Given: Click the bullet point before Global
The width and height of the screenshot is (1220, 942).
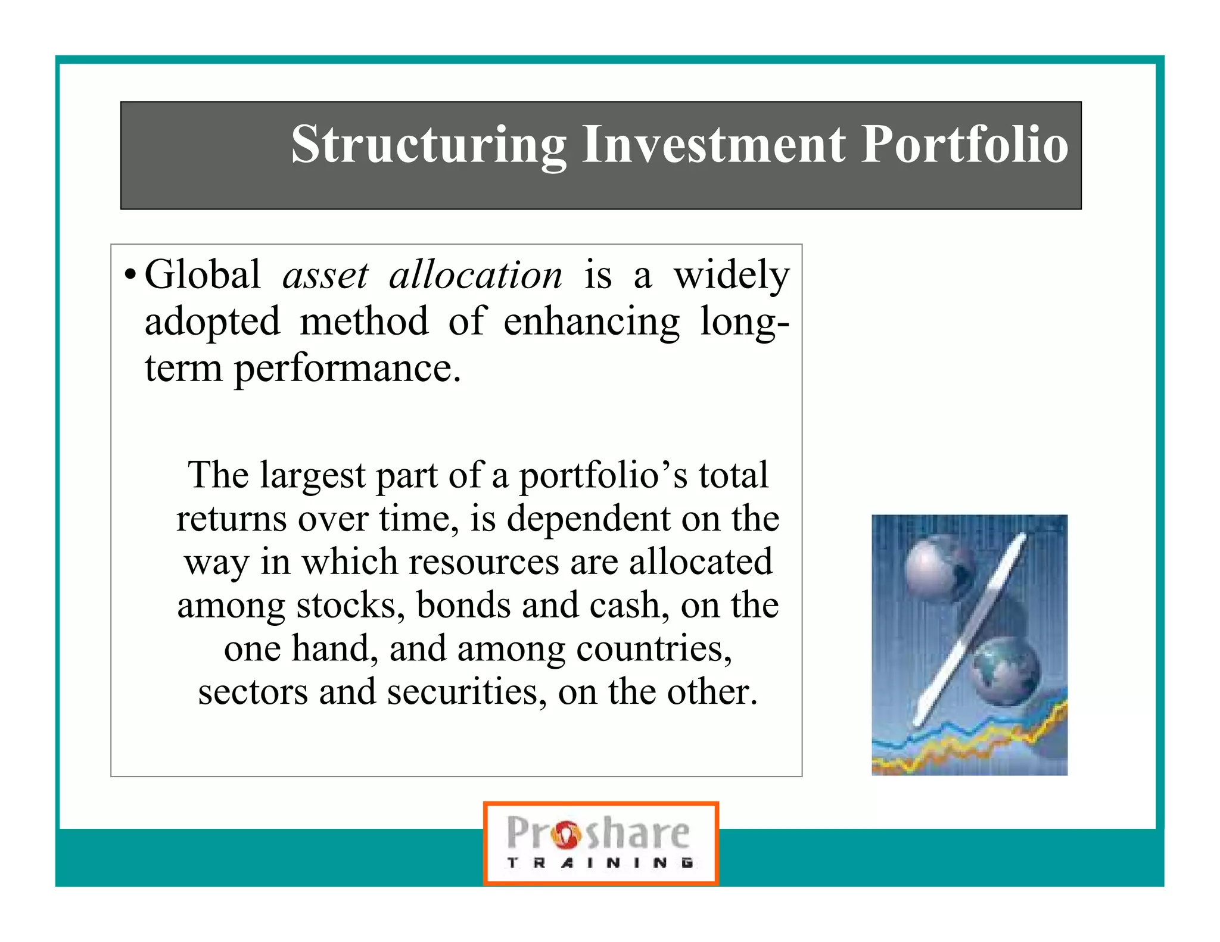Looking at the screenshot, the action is [x=129, y=276].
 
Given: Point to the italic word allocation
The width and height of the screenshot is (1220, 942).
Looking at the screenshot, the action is [x=475, y=276].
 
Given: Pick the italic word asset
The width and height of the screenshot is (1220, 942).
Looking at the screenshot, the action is [x=325, y=276].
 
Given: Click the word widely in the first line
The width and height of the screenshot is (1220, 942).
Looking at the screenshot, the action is [x=731, y=276].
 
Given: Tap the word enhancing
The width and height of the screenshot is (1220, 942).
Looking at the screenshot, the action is [x=591, y=322].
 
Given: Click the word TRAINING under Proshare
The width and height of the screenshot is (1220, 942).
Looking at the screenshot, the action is [x=600, y=863].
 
